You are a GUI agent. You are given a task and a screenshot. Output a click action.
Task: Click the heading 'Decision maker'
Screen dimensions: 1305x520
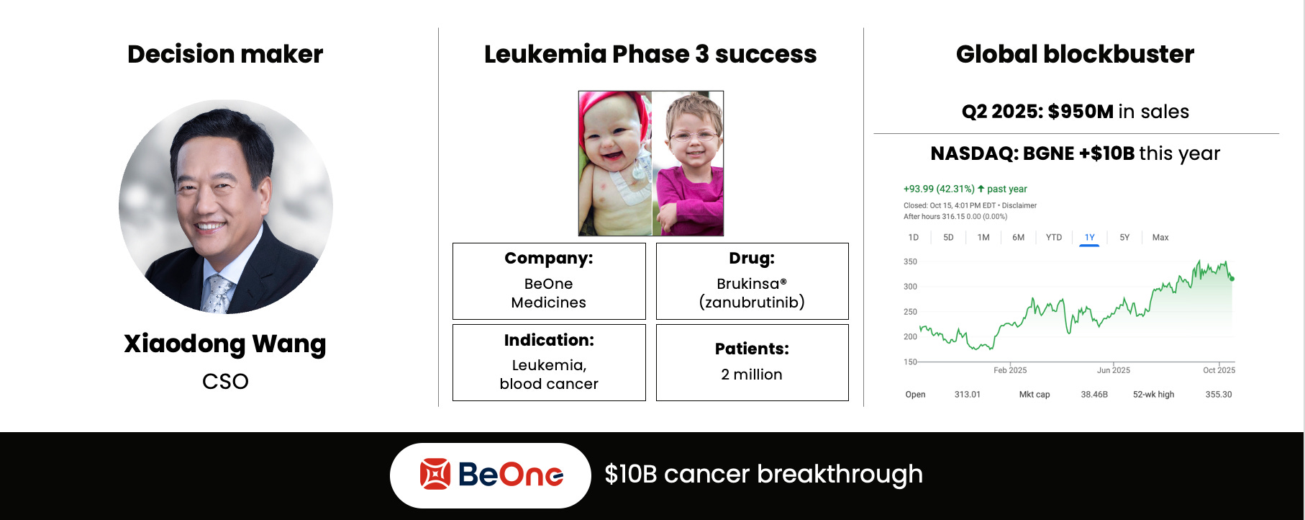click(x=225, y=54)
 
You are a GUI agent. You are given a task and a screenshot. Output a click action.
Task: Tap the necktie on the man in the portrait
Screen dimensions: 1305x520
click(x=217, y=294)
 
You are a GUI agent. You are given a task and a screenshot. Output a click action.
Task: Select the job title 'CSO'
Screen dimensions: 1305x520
click(x=225, y=381)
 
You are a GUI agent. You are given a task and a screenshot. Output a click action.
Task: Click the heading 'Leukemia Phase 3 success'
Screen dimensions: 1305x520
click(x=650, y=54)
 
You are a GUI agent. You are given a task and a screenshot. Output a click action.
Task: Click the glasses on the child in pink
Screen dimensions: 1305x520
click(x=692, y=135)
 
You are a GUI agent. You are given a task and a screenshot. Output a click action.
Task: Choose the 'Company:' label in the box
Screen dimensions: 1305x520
click(x=549, y=259)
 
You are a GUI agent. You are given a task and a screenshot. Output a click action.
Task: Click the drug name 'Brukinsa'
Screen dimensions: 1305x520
click(x=748, y=284)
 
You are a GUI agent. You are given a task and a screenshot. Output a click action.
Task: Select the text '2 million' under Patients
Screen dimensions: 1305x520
click(x=752, y=375)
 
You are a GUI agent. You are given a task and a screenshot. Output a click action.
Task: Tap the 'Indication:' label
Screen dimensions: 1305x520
click(x=549, y=340)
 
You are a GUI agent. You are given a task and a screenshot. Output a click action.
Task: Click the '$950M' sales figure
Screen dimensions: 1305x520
click(x=1081, y=112)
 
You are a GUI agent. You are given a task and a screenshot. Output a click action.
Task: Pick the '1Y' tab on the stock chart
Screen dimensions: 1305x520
click(x=1089, y=238)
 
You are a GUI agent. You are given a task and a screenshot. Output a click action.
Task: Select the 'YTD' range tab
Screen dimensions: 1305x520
click(x=1054, y=238)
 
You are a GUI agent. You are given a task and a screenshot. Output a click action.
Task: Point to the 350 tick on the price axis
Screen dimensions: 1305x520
click(x=910, y=261)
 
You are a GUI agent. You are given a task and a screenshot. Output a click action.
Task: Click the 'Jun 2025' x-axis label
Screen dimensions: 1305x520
click(x=1113, y=370)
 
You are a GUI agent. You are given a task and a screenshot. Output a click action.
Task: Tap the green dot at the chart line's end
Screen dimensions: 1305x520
click(x=1232, y=278)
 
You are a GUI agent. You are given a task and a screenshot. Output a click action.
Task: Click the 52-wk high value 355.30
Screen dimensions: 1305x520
click(x=1219, y=395)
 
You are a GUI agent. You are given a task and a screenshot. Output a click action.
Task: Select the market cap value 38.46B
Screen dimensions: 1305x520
click(x=1094, y=395)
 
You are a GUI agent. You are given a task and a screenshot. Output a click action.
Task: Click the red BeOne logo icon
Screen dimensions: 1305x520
click(x=435, y=474)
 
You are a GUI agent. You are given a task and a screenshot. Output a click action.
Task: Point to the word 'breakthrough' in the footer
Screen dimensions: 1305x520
click(x=840, y=475)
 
